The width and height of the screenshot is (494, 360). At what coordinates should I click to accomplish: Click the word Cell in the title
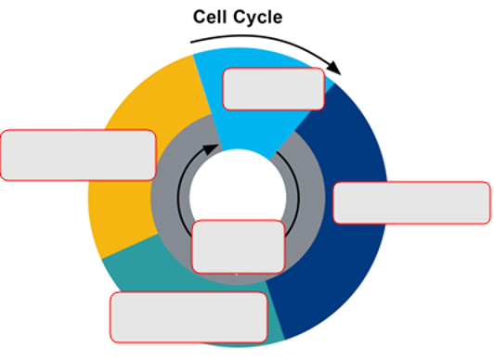(x=212, y=18)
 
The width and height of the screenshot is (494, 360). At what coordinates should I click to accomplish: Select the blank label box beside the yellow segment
(x=78, y=155)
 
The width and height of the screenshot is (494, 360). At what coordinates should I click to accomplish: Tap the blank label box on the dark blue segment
(x=411, y=203)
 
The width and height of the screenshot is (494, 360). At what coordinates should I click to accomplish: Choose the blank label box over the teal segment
(x=189, y=317)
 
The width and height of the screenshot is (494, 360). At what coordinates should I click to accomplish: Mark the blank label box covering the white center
(x=238, y=246)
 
